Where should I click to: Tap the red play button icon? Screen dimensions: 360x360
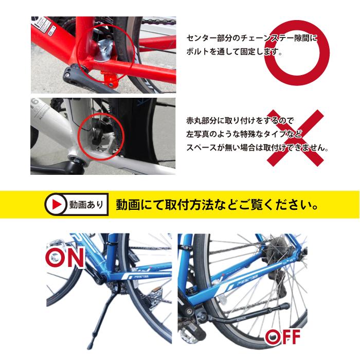(55, 204)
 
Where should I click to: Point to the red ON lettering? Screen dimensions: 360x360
(65, 257)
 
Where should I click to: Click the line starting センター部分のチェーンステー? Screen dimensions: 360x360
(251, 38)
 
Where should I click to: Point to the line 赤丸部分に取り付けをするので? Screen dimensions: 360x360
(239, 121)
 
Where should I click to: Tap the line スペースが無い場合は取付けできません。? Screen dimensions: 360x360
(257, 148)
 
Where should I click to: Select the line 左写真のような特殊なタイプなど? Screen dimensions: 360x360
(244, 134)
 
